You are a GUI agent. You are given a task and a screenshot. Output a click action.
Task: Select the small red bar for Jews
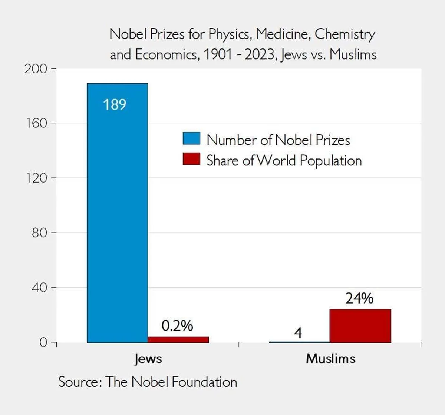[178, 339]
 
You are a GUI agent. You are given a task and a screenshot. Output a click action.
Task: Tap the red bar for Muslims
[360, 326]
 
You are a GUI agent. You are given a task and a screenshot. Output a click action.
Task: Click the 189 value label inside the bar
[114, 105]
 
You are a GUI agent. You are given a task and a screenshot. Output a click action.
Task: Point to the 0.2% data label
[177, 326]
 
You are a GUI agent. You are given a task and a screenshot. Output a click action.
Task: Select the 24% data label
[359, 298]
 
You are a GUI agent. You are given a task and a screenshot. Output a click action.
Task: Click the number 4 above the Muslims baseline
[298, 333]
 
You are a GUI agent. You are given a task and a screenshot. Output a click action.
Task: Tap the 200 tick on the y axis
[36, 69]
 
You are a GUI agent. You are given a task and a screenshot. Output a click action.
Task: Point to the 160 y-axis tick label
[36, 123]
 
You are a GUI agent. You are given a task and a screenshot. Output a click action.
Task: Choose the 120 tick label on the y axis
[36, 178]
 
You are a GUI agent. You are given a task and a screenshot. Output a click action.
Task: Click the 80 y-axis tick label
[39, 233]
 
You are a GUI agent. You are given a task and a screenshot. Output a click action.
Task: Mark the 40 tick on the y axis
[39, 288]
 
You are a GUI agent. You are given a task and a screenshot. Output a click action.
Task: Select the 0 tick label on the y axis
[43, 342]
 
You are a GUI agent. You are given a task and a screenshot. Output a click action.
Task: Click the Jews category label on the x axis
[148, 359]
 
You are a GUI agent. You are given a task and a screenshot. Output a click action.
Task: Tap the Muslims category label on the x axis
[330, 358]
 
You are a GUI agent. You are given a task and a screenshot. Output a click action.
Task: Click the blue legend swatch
[191, 139]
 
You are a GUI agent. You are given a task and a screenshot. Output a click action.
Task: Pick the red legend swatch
[191, 159]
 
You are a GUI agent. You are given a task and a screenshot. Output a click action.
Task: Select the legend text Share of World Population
[284, 161]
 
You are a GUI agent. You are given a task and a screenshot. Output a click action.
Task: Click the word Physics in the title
[229, 34]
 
